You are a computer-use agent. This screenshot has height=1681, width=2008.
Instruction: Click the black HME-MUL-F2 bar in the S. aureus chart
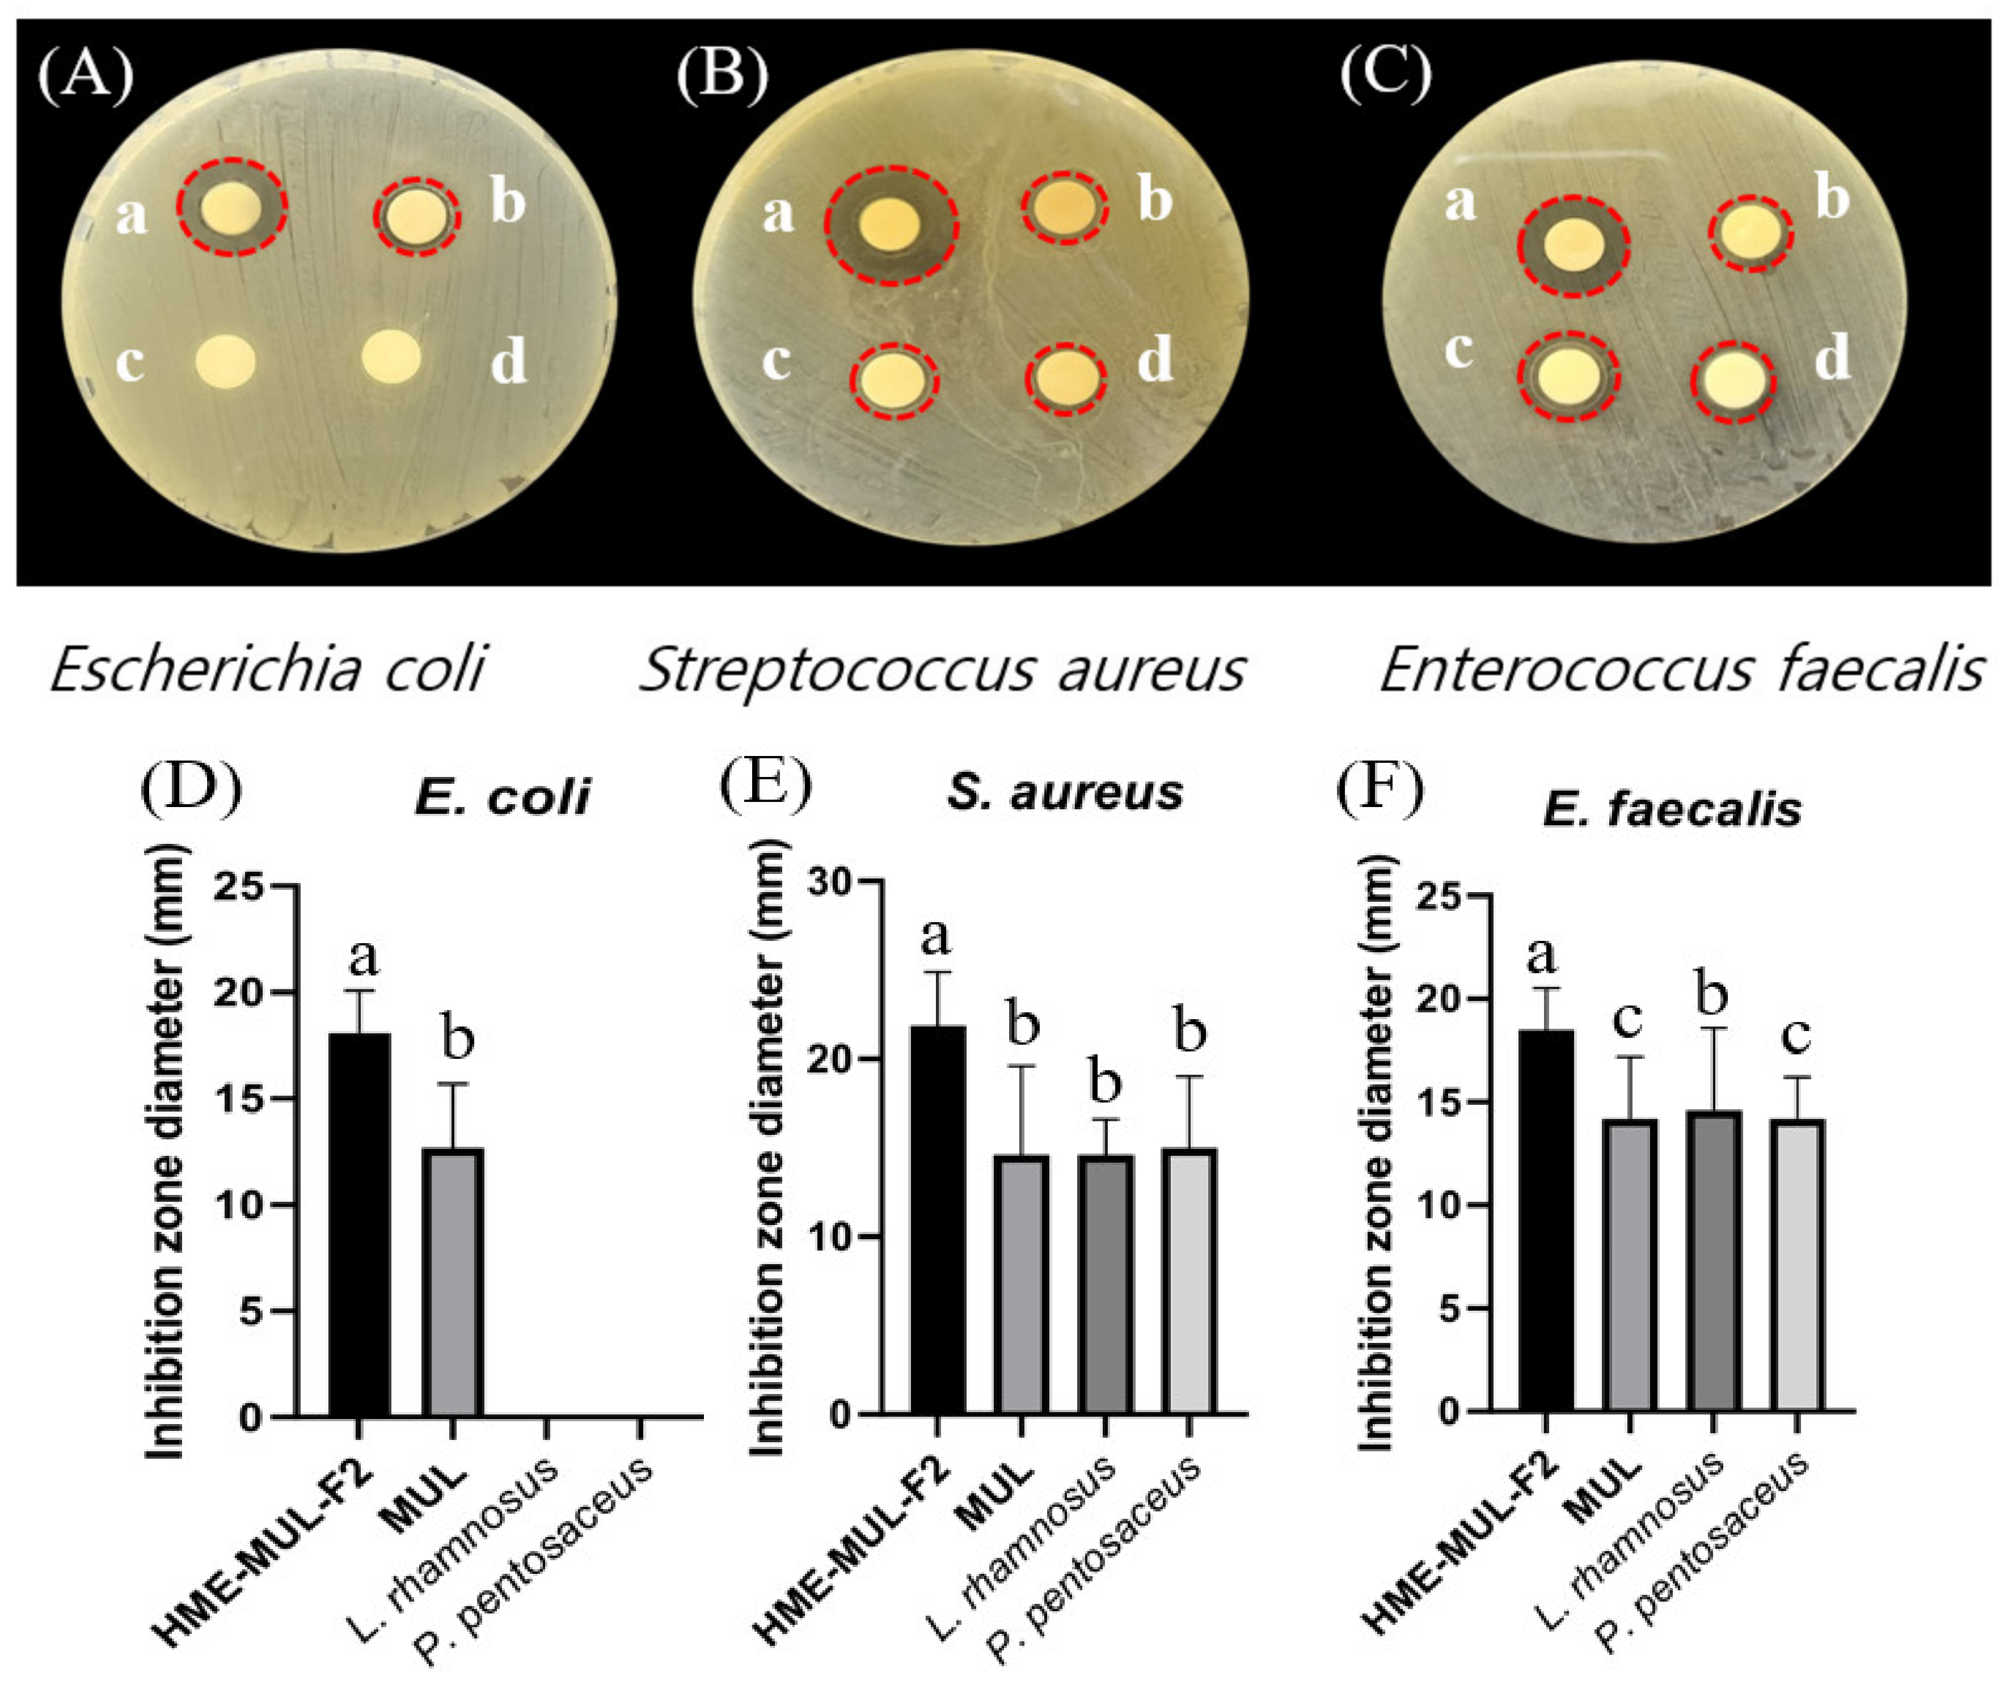point(937,1219)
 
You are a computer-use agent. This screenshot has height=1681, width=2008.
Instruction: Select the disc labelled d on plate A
point(391,356)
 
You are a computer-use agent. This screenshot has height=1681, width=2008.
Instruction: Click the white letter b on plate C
point(1832,198)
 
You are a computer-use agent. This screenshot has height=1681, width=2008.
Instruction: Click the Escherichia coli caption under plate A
point(268,669)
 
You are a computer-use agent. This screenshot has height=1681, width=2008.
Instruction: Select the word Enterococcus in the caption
point(1568,669)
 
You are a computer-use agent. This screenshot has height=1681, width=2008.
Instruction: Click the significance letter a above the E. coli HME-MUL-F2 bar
point(364,954)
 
